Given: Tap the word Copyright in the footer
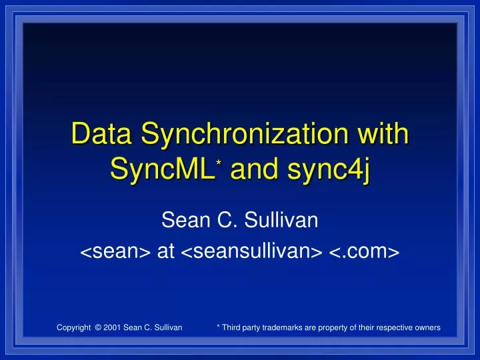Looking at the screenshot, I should (73, 327).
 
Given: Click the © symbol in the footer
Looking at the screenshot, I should (99, 327).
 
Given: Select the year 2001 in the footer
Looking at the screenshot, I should (113, 327).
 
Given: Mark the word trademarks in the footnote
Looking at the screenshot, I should (286, 327).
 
